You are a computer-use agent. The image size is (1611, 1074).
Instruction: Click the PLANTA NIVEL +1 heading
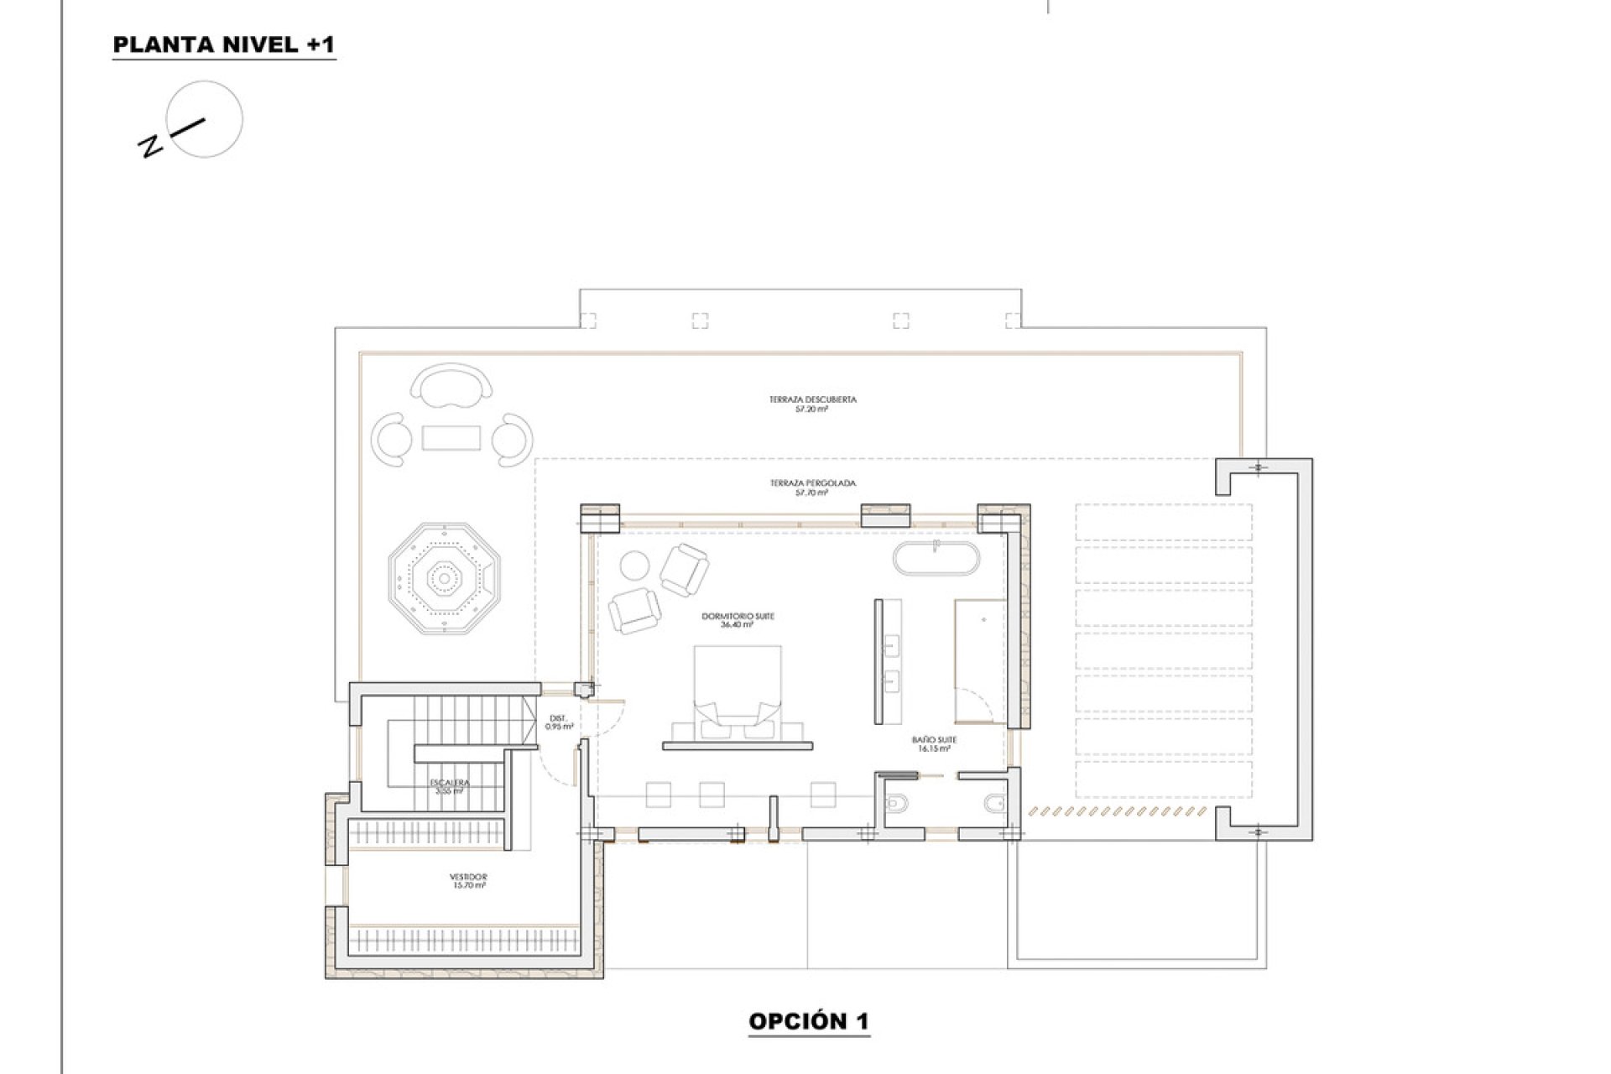click(224, 45)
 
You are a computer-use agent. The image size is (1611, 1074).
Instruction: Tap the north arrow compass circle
click(205, 118)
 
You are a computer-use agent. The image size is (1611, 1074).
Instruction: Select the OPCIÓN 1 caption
click(808, 1021)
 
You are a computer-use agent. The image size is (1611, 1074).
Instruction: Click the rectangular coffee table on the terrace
click(451, 438)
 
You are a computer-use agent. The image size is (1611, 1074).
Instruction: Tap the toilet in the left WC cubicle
click(896, 804)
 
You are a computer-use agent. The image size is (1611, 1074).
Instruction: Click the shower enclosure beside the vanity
click(979, 661)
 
